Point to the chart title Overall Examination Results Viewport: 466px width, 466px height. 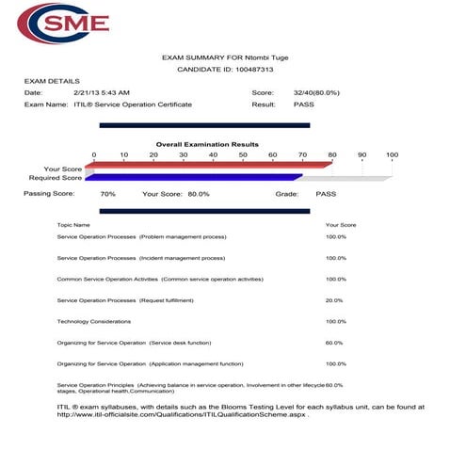[207, 144]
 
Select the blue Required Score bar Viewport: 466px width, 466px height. [193, 177]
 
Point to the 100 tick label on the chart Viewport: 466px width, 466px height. [392, 154]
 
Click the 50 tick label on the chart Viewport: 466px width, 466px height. [243, 154]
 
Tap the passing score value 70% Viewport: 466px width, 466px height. [107, 193]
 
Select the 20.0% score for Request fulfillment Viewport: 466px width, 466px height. [334, 300]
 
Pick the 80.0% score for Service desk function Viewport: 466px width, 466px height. [334, 343]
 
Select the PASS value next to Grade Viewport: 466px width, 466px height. [326, 193]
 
